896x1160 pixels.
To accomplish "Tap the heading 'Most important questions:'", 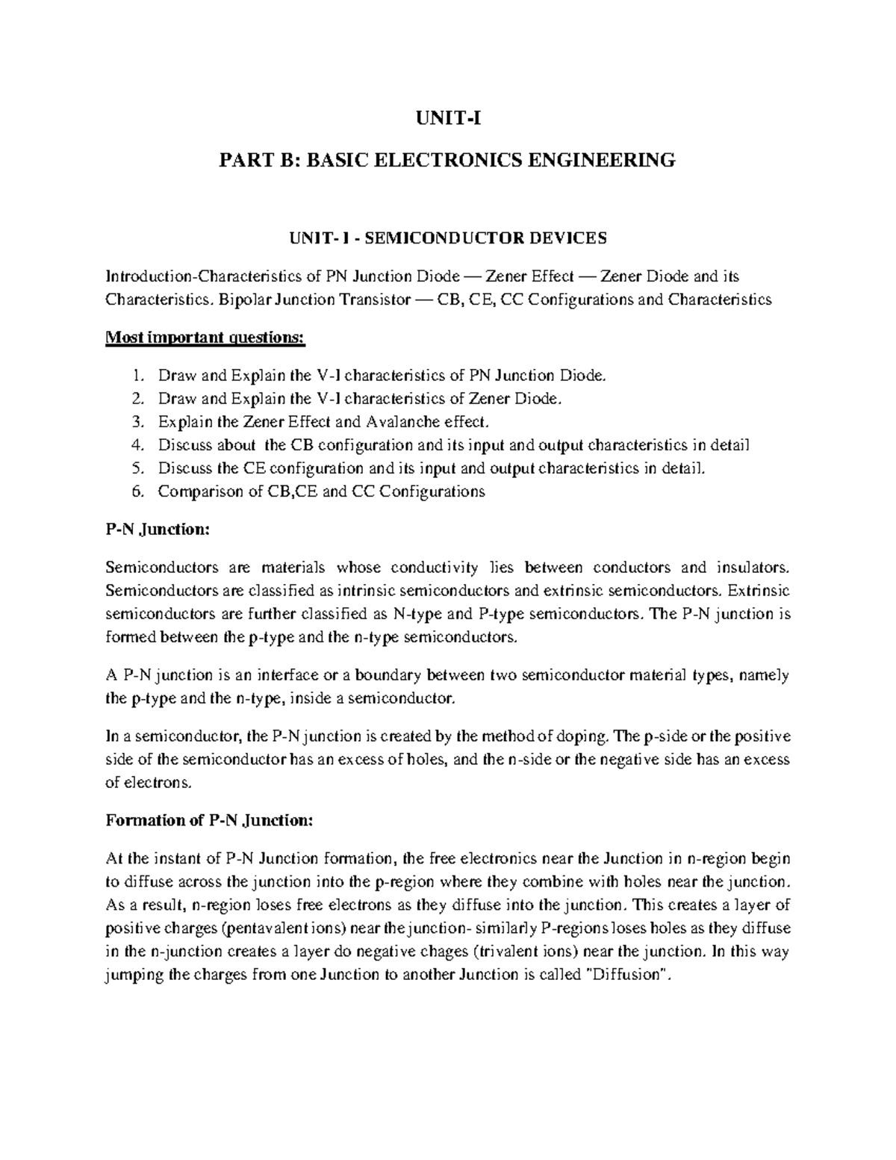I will tap(205, 338).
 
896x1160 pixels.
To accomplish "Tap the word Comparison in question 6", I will tap(200, 491).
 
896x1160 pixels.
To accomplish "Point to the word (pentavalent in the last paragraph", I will tap(254, 928).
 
